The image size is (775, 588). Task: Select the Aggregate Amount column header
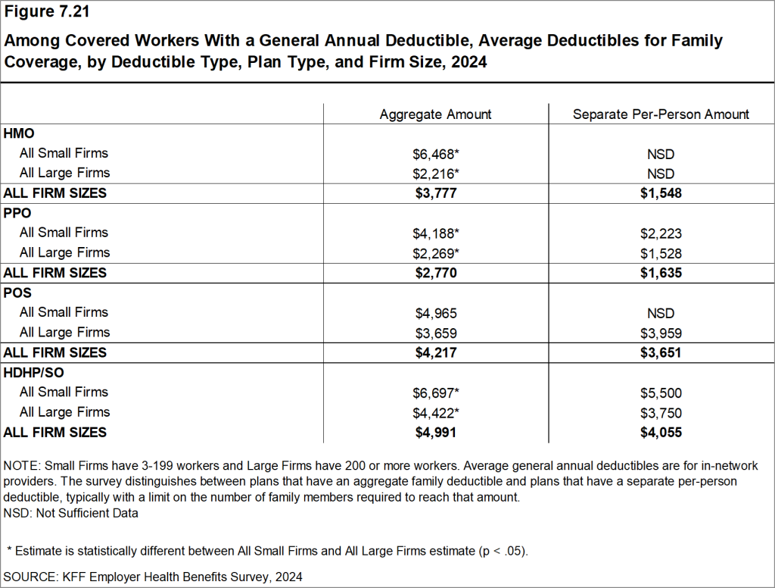click(x=435, y=114)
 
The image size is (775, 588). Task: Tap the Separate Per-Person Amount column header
click(x=661, y=114)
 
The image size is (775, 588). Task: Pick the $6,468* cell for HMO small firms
click(x=435, y=154)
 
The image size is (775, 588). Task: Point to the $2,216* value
click(x=435, y=174)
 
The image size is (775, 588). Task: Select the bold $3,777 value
click(x=435, y=193)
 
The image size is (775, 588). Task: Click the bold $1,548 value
click(x=661, y=193)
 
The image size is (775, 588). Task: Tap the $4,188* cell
click(x=435, y=233)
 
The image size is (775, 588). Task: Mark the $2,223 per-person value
click(x=661, y=233)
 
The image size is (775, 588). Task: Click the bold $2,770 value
click(x=435, y=273)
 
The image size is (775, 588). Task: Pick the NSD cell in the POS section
click(x=661, y=313)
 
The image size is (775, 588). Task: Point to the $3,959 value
click(x=661, y=333)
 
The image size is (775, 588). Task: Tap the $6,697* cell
click(x=435, y=393)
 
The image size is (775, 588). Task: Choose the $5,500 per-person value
click(x=661, y=393)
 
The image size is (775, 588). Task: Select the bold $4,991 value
click(x=435, y=433)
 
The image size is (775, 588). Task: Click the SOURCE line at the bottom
click(x=153, y=577)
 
